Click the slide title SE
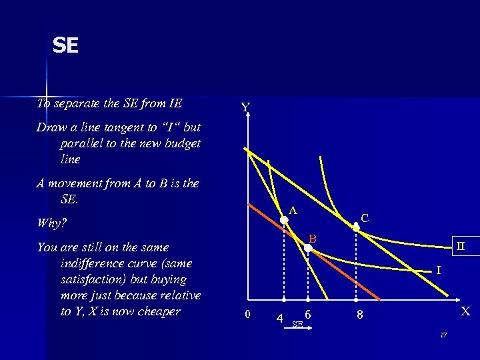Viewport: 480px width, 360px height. point(66,45)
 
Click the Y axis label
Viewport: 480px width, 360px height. point(245,107)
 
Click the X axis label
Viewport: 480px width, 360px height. point(465,311)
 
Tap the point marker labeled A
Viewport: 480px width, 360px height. point(284,219)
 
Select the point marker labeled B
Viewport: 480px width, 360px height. point(308,248)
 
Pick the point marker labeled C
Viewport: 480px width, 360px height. point(356,227)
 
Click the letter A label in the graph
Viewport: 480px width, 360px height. point(293,210)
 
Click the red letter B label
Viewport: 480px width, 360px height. point(311,238)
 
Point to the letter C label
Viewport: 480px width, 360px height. point(365,217)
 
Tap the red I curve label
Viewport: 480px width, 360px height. point(438,270)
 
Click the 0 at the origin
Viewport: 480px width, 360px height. point(247,315)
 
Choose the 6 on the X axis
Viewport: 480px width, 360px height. point(307,315)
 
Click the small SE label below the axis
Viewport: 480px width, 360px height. point(297,324)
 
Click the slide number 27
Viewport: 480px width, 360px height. point(443,334)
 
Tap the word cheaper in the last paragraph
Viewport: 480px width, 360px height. point(157,311)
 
